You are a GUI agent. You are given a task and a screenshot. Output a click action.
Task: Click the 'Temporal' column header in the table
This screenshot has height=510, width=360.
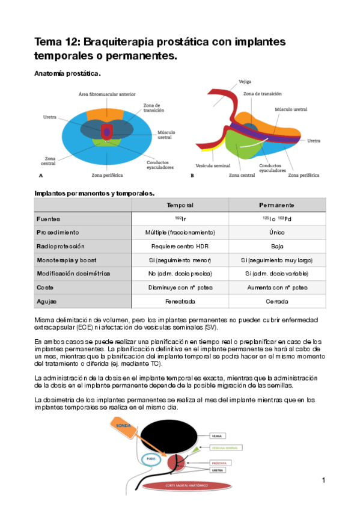click(x=180, y=205)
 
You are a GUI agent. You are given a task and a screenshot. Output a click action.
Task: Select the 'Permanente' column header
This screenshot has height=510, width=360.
click(x=276, y=205)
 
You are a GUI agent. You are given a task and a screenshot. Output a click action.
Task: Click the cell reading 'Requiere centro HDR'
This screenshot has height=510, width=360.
click(x=180, y=246)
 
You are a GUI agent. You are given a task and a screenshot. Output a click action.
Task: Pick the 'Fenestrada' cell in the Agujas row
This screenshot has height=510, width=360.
click(x=180, y=301)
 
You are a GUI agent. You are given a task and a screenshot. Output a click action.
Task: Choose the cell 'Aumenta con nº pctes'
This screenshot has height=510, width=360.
click(x=276, y=287)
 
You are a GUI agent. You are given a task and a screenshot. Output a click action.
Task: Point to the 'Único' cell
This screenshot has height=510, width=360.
click(x=276, y=232)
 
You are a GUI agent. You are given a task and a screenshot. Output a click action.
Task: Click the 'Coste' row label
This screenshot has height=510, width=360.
click(x=46, y=287)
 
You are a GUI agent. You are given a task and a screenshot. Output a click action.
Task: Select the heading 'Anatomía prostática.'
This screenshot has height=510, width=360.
click(x=67, y=73)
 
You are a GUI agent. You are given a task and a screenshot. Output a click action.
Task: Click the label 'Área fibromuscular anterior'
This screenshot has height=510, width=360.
click(x=107, y=94)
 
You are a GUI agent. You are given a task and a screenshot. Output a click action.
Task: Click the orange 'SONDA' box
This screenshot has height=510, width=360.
click(x=123, y=426)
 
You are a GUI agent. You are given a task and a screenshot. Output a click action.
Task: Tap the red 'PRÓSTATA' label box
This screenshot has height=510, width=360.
click(x=219, y=463)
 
